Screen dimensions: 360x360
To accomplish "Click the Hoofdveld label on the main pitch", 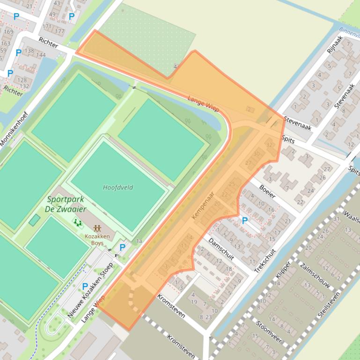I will pyautogui.click(x=118, y=187).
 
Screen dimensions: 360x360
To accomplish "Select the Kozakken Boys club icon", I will pyautogui.click(x=97, y=229).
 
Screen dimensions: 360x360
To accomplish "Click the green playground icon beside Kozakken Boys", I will pyautogui.click(x=77, y=223).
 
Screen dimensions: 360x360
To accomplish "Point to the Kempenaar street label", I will pyautogui.click(x=203, y=205).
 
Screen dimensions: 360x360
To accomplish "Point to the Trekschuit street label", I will pyautogui.click(x=265, y=260).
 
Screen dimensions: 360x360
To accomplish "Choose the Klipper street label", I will pyautogui.click(x=283, y=270).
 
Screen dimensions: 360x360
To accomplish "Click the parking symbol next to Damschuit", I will pyautogui.click(x=244, y=221).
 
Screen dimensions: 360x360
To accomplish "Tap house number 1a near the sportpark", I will pyautogui.click(x=139, y=241).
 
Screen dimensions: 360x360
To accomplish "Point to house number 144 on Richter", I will pyautogui.click(x=41, y=55).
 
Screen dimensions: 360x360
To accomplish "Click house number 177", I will pyautogui.click(x=59, y=31).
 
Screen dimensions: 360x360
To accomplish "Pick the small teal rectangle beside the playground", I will pyautogui.click(x=35, y=220).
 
